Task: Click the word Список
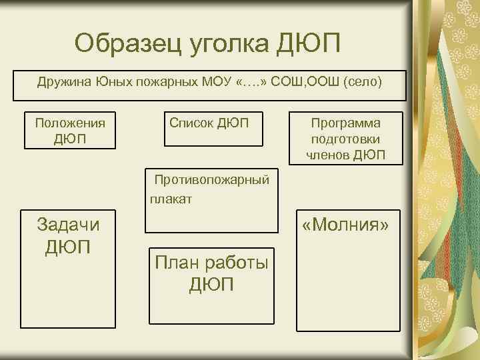click(191, 123)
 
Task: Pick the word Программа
click(345, 124)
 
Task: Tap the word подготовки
click(345, 140)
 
